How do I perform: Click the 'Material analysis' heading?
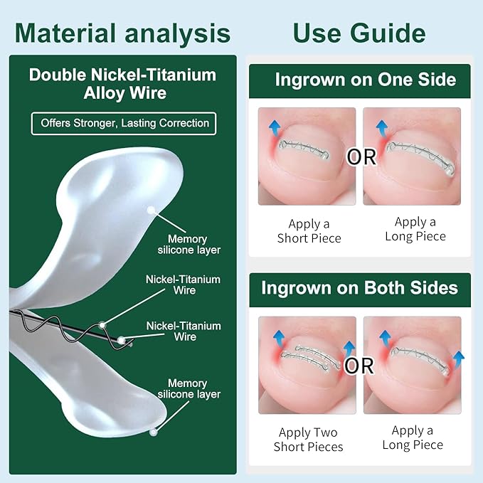pos(122,33)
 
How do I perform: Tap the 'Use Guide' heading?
pos(359,33)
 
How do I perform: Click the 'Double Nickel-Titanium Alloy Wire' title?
pos(123,84)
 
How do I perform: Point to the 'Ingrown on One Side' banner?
pos(359,80)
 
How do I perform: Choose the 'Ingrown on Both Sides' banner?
pos(359,289)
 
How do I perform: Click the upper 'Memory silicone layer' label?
pos(189,244)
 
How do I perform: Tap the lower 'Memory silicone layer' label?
pos(189,389)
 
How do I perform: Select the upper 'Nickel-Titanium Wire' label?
pos(183,285)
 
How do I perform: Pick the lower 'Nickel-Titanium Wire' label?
pos(184,331)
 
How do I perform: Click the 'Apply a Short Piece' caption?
pos(309,231)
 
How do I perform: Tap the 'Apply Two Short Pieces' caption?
pos(308,440)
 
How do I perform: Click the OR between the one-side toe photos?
pos(361,157)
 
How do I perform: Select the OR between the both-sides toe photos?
pos(359,366)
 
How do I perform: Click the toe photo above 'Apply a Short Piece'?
pos(307,156)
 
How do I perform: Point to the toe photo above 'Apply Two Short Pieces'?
pos(307,364)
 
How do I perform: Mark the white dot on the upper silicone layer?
pos(151,210)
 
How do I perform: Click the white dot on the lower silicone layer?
pos(153,431)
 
